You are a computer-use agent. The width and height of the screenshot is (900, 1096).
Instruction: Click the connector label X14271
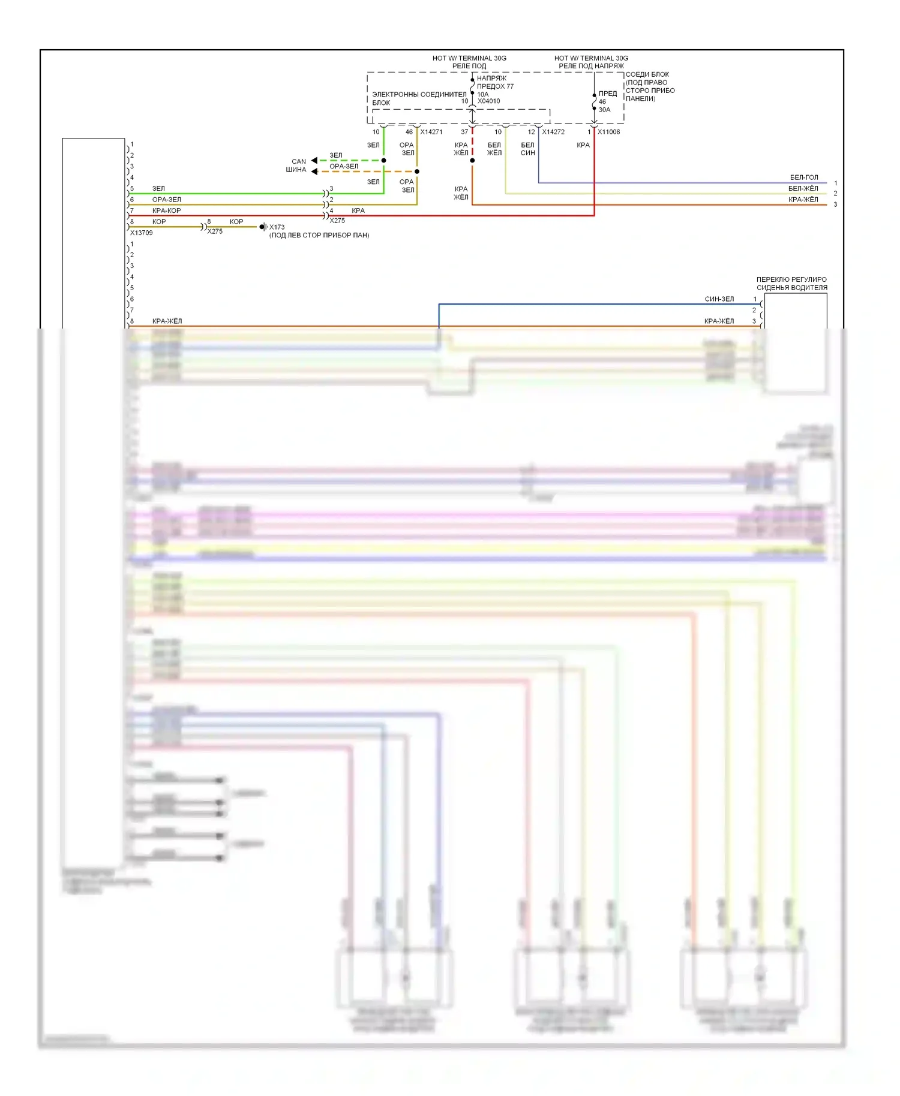[x=431, y=132]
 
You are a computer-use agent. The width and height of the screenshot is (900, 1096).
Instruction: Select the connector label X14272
[x=553, y=132]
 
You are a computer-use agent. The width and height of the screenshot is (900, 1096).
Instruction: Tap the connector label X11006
[x=608, y=132]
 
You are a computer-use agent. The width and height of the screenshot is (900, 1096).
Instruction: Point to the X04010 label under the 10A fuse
[x=488, y=101]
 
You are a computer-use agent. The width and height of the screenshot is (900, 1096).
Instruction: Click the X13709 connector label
[x=142, y=233]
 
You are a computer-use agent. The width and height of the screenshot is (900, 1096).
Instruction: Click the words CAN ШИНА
[x=297, y=165]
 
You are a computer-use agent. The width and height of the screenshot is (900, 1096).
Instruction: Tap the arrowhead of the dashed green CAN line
[x=314, y=161]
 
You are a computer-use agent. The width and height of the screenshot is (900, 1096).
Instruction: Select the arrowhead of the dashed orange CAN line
[x=314, y=171]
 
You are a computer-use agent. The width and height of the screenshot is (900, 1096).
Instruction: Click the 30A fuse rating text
[x=604, y=110]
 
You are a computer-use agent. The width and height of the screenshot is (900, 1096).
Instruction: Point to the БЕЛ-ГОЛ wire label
[x=803, y=177]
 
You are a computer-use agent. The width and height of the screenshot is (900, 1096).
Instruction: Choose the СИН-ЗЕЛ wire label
[x=719, y=299]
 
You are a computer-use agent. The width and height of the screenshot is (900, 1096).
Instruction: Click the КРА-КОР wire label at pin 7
[x=166, y=210]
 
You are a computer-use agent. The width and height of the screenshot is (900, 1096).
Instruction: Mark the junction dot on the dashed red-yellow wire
[x=472, y=161]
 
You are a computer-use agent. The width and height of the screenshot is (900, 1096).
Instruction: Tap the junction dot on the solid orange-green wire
[x=417, y=171]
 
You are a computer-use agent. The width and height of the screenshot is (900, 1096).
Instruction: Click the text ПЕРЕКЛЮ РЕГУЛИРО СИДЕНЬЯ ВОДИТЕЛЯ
[x=791, y=284]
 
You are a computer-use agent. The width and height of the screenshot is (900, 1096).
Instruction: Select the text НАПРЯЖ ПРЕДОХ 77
[x=495, y=82]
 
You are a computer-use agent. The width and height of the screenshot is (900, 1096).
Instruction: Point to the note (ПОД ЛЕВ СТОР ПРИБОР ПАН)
[x=319, y=235]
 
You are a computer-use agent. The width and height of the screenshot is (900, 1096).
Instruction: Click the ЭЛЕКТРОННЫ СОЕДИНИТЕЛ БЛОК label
[x=419, y=98]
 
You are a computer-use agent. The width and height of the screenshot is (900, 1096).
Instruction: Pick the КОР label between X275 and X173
[x=236, y=222]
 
